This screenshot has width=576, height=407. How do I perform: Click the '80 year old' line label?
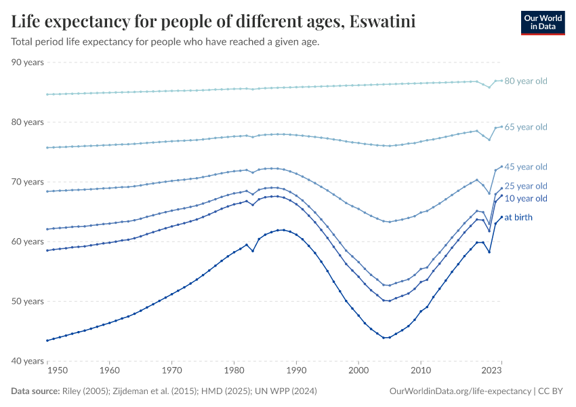click(525, 81)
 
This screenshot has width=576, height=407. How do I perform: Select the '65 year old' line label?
click(525, 127)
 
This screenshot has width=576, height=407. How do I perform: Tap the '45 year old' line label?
click(525, 167)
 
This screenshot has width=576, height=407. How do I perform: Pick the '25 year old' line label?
click(525, 186)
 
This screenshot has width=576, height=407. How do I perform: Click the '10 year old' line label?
click(525, 199)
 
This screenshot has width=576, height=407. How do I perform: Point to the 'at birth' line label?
click(518, 218)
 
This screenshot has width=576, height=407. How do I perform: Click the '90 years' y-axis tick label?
click(28, 62)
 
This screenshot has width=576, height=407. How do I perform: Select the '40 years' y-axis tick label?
click(28, 361)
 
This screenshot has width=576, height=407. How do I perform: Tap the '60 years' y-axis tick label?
click(28, 241)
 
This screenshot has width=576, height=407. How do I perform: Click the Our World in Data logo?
click(542, 22)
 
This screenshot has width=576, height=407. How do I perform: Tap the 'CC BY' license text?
click(552, 391)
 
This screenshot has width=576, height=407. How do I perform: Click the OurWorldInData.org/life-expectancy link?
click(461, 391)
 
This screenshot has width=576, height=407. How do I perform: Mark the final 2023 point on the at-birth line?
click(501, 217)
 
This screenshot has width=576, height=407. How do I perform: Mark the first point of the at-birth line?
click(47, 341)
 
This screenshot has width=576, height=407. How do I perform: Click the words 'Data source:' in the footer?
click(35, 391)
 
